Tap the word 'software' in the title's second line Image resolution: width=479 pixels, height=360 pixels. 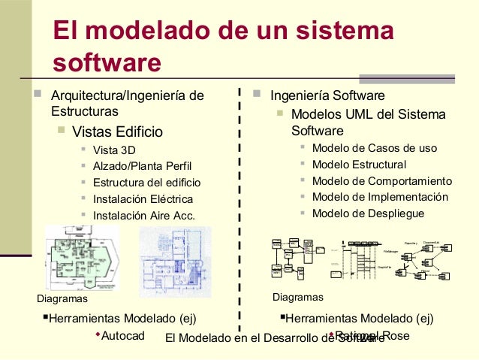coord(107,62)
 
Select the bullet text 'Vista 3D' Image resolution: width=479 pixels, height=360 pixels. coord(114,150)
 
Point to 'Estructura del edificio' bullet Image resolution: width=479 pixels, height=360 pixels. coord(146,183)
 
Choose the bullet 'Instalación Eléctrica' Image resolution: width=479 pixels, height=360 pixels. coord(143,199)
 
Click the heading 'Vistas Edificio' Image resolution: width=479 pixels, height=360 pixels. coord(116,132)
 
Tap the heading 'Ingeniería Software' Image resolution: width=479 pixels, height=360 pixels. coord(327,96)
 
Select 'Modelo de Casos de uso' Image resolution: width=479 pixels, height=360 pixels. coord(374,148)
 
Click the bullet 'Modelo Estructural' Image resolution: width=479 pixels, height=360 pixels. coord(359,165)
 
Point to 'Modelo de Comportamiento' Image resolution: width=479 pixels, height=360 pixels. coord(381,181)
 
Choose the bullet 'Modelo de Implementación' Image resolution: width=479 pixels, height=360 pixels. coord(380,197)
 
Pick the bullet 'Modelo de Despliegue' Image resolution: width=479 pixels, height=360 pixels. coord(368,213)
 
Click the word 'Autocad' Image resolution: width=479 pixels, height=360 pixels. coord(122,335)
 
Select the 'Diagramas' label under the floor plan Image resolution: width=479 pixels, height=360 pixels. coord(62,298)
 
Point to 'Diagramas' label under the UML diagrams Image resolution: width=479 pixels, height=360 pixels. coord(297,298)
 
